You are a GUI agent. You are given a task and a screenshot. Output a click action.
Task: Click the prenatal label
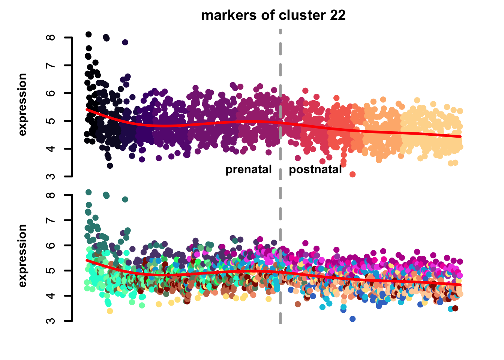248,170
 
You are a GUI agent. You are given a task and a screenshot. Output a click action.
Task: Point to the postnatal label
315,170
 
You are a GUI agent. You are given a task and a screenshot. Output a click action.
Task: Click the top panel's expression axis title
22,104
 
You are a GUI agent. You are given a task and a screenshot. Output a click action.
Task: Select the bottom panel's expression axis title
22,256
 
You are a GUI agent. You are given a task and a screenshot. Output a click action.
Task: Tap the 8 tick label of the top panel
52,37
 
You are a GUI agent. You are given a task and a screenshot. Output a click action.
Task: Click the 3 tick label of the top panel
52,176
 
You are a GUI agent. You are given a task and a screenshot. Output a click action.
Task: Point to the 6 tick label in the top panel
52,93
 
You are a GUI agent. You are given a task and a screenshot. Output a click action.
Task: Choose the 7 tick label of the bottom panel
52,220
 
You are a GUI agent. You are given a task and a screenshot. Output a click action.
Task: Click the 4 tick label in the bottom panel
52,295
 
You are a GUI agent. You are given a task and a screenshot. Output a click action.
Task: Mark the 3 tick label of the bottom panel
52,321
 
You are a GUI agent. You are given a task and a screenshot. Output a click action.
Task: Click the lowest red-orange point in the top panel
352,174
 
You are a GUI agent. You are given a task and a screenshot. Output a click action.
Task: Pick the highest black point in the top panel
88,34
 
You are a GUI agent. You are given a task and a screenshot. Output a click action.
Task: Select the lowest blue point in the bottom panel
352,319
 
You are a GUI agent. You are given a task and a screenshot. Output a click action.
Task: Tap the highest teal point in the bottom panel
88,192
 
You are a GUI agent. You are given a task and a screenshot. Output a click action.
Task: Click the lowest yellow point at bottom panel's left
110,311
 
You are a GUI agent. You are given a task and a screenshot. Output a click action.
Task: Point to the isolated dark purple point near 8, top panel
125,42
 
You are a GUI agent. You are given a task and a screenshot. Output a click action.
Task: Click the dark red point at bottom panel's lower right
455,308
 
